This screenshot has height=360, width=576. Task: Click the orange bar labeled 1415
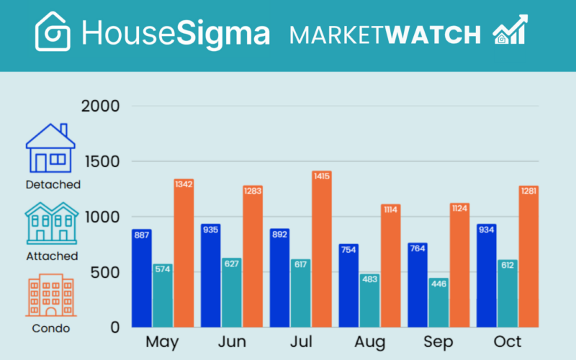[322, 249]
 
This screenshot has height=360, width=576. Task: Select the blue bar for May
[141, 278]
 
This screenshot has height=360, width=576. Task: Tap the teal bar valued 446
[438, 302]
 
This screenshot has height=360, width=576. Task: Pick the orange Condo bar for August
[391, 266]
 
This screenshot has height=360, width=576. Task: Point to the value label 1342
[184, 184]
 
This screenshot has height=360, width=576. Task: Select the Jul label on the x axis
[300, 341]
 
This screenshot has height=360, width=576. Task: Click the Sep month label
[438, 341]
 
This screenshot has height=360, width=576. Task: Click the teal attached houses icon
[51, 222]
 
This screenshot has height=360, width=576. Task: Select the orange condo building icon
[50, 295]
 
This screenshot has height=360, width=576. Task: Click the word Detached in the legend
[53, 184]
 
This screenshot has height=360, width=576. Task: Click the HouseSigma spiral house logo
[53, 32]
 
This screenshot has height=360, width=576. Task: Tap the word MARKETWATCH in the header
[384, 35]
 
